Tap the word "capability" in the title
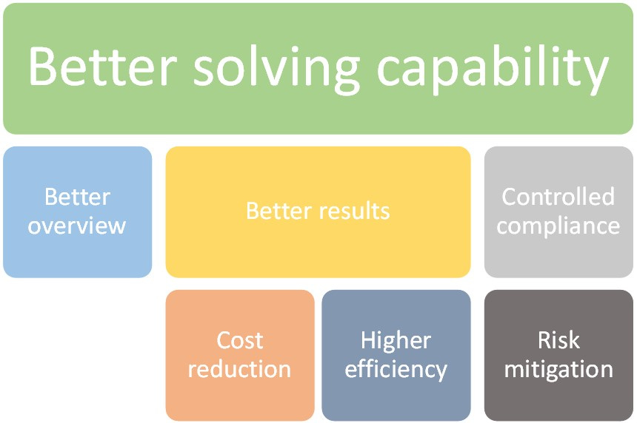(x=492, y=68)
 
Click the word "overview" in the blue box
(x=77, y=226)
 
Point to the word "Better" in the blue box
(x=77, y=197)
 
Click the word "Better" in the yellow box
(x=280, y=211)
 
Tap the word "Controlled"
(x=558, y=197)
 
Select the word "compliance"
(x=558, y=226)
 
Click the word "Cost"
(x=240, y=340)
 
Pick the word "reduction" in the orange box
(x=240, y=368)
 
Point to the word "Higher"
(x=396, y=340)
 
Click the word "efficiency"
(x=396, y=368)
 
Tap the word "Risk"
(x=558, y=340)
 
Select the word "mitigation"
(x=558, y=368)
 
